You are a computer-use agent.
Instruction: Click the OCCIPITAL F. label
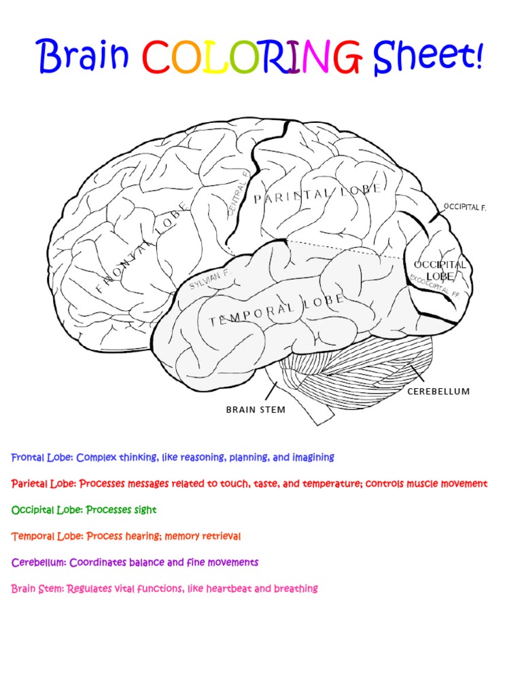pyautogui.click(x=465, y=206)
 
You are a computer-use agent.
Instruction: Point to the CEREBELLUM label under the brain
pyautogui.click(x=438, y=392)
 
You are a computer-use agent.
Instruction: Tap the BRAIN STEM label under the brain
pyautogui.click(x=256, y=410)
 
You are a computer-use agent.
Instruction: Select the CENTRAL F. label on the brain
pyautogui.click(x=238, y=193)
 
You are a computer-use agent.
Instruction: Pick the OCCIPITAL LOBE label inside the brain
pyautogui.click(x=440, y=270)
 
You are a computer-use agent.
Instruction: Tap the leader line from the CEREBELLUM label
pyautogui.click(x=417, y=375)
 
